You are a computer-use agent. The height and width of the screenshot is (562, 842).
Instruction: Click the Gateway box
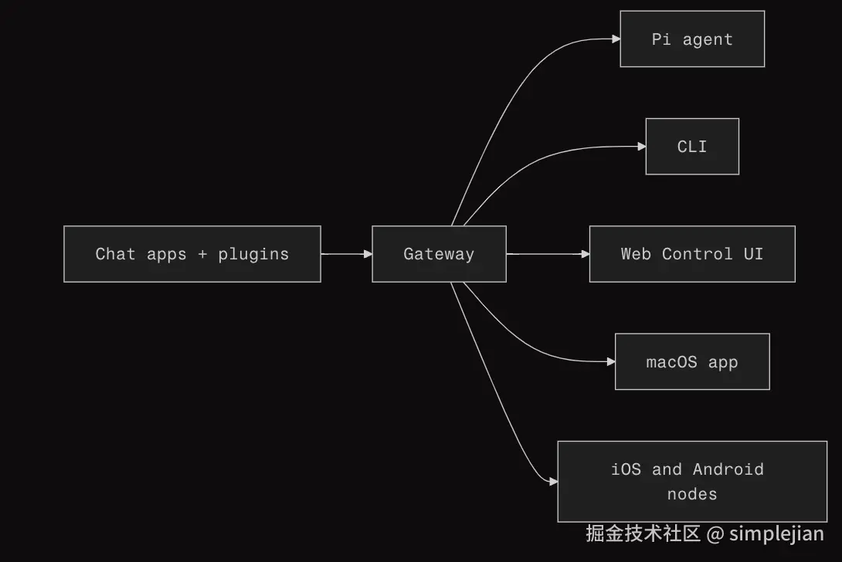click(x=439, y=254)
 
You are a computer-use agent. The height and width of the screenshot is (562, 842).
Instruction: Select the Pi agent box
click(x=692, y=39)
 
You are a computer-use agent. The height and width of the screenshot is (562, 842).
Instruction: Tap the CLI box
click(x=692, y=147)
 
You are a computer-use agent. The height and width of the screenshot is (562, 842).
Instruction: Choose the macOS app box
click(x=692, y=362)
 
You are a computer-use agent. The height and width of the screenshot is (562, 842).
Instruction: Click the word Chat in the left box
click(x=115, y=254)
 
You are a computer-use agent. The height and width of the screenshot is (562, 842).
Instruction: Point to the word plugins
click(x=253, y=254)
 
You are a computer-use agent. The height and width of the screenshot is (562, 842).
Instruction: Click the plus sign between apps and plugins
click(x=202, y=254)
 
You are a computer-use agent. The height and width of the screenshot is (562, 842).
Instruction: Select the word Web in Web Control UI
click(x=636, y=254)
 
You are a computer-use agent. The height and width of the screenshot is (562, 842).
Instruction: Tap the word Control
click(x=697, y=254)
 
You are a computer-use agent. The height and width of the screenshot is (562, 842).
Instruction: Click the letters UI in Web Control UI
click(x=753, y=254)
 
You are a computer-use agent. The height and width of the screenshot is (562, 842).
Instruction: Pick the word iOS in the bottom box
click(x=626, y=469)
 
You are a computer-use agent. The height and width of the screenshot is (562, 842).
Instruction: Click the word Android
click(x=728, y=469)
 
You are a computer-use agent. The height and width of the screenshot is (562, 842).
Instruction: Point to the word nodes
click(x=692, y=494)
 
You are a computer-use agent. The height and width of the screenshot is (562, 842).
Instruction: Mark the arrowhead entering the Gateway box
click(x=368, y=254)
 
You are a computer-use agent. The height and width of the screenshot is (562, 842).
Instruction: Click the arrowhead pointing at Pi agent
click(x=616, y=39)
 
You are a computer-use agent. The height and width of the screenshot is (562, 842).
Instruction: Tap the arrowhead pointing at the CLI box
click(x=641, y=147)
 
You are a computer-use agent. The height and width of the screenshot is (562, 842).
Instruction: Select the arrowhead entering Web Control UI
click(x=585, y=254)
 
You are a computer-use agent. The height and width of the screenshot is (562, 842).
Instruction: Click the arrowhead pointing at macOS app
click(x=610, y=362)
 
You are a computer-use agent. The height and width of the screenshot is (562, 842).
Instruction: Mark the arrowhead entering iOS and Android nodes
click(x=553, y=482)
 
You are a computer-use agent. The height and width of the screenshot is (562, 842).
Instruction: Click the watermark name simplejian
click(x=776, y=533)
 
